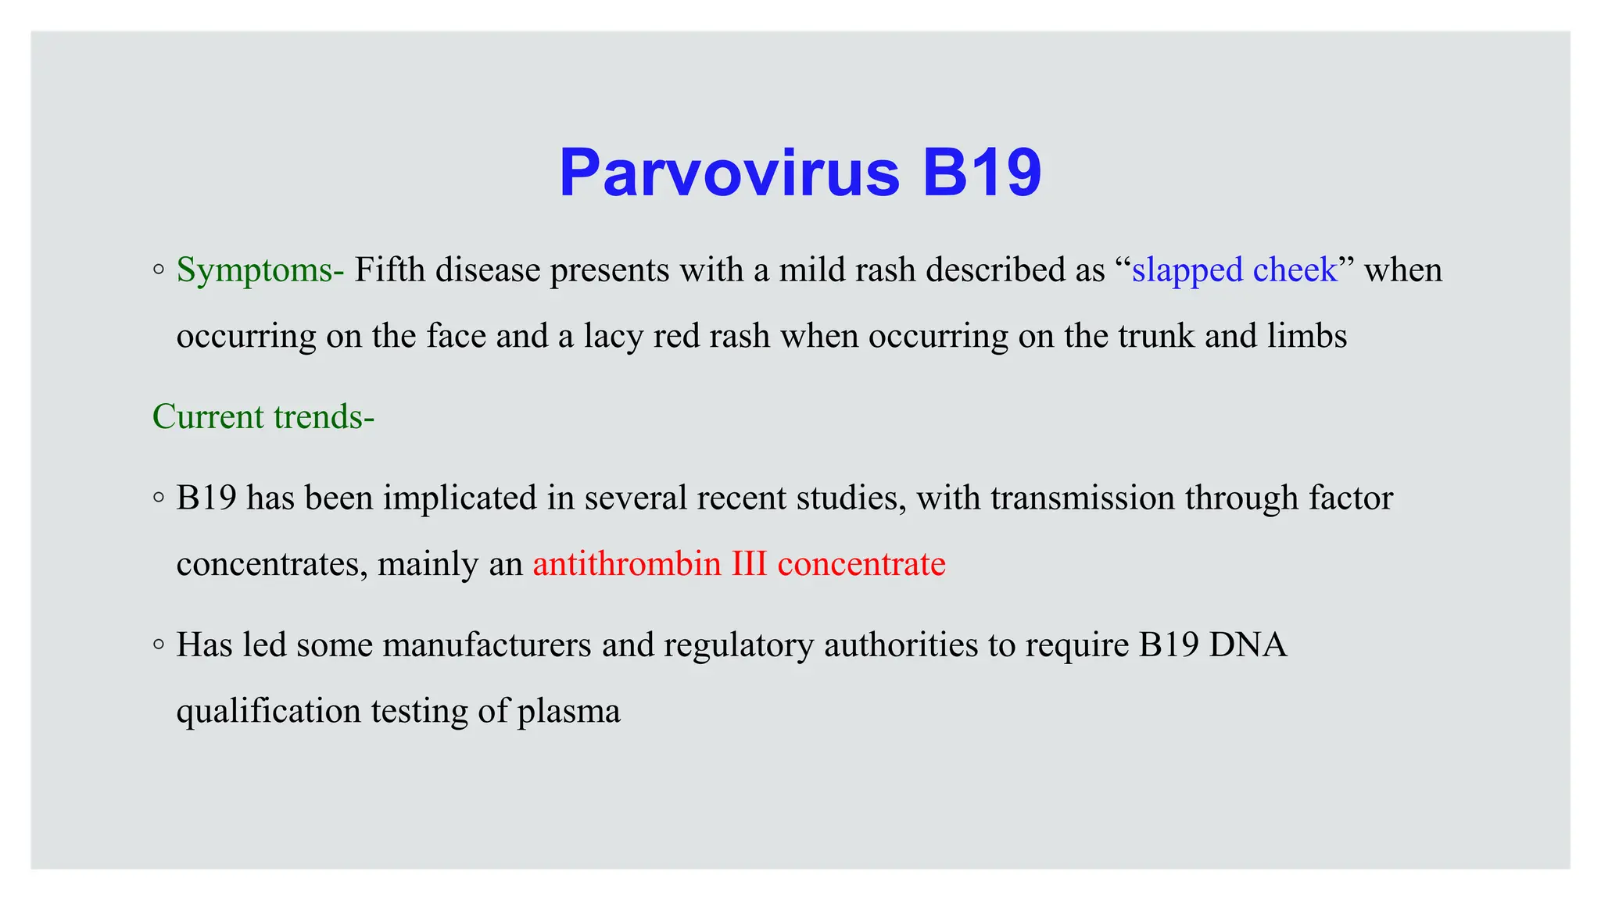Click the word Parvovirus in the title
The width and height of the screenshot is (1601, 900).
pos(729,173)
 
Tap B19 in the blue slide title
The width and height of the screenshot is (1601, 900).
pos(982,173)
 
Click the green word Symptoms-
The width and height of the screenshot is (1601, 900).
pos(260,270)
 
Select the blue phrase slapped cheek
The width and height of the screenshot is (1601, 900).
pos(1234,270)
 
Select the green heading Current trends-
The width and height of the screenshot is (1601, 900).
pos(263,416)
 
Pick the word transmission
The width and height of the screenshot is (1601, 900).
pos(1083,498)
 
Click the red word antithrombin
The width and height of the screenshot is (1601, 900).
pos(627,564)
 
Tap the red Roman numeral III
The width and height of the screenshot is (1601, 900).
pos(749,564)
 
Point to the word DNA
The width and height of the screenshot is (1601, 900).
pos(1248,645)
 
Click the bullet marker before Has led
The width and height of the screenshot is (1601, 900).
pos(159,645)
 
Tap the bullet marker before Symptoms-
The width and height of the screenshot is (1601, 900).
pos(159,270)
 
